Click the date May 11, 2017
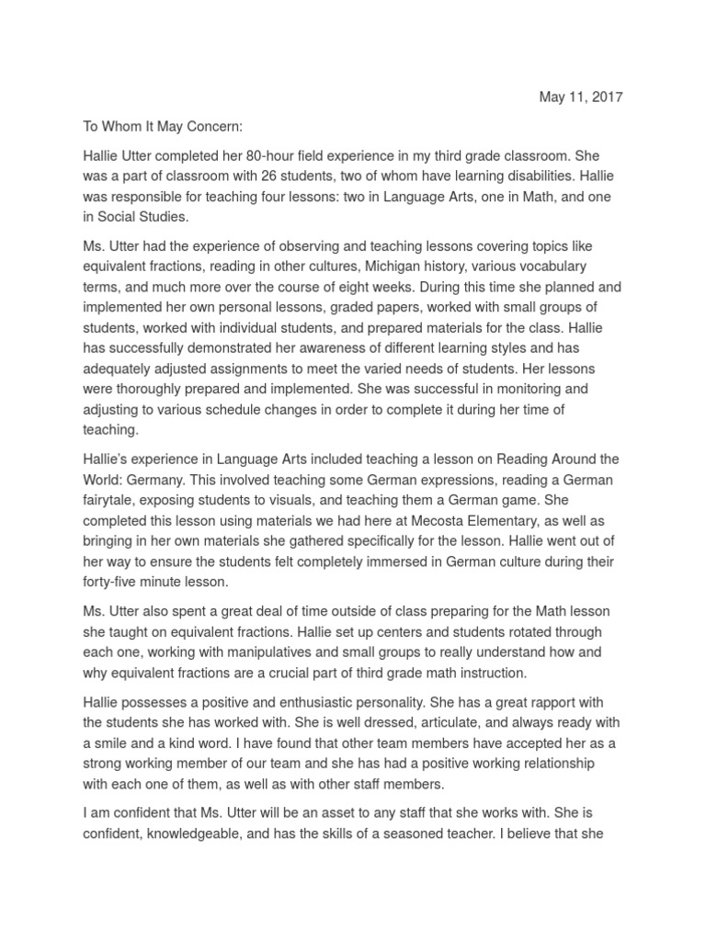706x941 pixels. tap(579, 97)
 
